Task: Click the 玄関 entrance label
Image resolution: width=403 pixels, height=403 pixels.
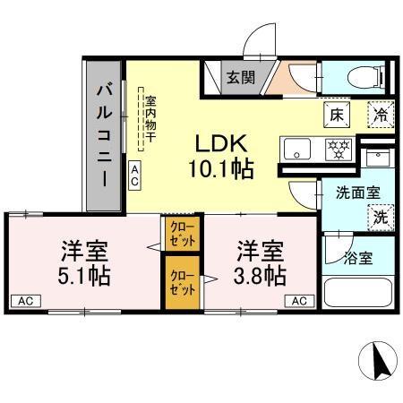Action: [x=239, y=77]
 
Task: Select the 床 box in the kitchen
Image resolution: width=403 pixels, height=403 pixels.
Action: [x=336, y=114]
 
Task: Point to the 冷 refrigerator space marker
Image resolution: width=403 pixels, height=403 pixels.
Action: [x=381, y=114]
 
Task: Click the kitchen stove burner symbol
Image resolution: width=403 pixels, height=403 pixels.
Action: [x=338, y=149]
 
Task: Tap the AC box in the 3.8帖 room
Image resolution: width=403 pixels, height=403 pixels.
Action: [x=298, y=301]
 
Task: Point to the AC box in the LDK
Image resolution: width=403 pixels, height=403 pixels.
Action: [x=134, y=175]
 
